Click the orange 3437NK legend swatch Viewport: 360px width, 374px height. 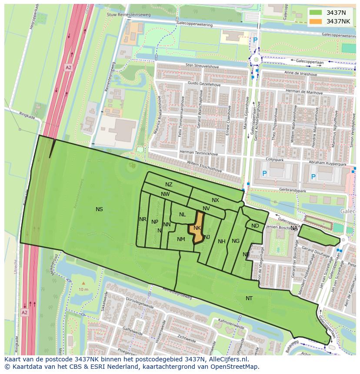click(x=316, y=21)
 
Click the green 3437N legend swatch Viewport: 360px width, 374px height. click(x=316, y=13)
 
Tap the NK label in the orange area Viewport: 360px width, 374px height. click(x=197, y=228)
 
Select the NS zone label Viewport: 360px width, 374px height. click(x=99, y=209)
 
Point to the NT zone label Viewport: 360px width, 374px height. click(x=249, y=298)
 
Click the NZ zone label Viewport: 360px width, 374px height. click(x=169, y=185)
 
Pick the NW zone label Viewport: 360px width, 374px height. click(x=165, y=194)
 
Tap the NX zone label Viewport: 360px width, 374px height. click(x=215, y=200)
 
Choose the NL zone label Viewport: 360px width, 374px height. click(x=182, y=215)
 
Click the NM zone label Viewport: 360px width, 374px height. click(x=181, y=239)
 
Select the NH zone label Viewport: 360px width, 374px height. click(x=222, y=242)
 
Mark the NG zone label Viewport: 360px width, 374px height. click(x=236, y=241)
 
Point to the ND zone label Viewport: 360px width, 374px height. click(x=255, y=226)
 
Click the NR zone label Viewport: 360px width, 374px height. click(x=143, y=219)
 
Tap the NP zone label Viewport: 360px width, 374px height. click(x=154, y=222)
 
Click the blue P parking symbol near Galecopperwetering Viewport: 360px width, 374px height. click(x=255, y=40)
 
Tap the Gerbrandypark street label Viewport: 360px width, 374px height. click(x=293, y=191)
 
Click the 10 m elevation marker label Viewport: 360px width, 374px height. click(x=83, y=289)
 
